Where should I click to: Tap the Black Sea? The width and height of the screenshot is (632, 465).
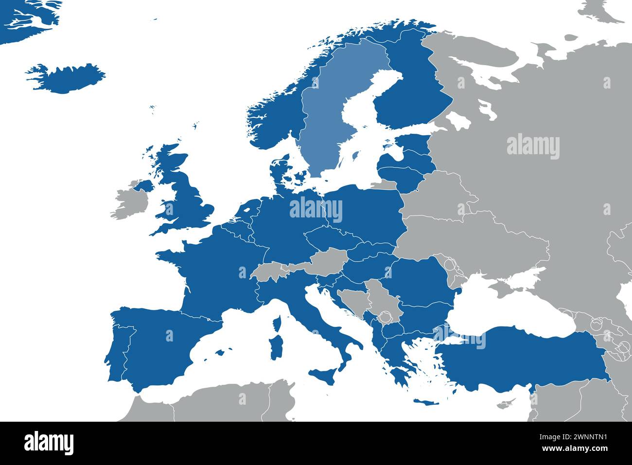[506, 311]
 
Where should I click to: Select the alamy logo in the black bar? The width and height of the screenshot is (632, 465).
[49, 443]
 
